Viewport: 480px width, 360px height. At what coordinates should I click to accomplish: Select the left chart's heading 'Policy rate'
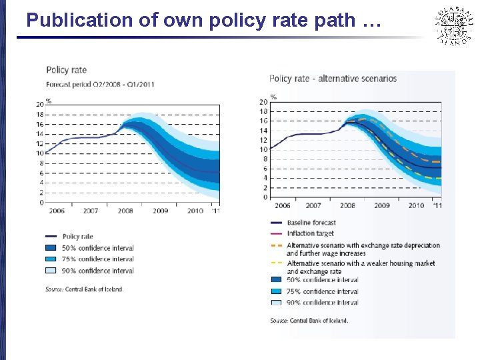tap(66, 69)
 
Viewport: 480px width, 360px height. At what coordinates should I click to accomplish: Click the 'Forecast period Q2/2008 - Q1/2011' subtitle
tap(100, 84)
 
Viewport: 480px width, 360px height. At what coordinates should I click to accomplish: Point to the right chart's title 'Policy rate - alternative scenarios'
tap(333, 79)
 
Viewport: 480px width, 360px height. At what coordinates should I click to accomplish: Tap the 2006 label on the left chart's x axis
tap(56, 211)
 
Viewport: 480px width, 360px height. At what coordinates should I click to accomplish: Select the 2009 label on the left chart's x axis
tap(160, 211)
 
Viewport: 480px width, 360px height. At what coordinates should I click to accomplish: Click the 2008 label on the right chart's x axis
tap(347, 205)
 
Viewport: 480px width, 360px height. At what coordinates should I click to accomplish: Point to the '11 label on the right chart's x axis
tap(437, 205)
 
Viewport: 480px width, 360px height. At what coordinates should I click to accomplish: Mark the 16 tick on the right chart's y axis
tap(264, 121)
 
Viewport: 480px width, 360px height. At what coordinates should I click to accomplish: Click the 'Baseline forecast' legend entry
tap(311, 223)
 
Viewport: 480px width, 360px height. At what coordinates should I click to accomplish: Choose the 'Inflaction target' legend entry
tap(310, 233)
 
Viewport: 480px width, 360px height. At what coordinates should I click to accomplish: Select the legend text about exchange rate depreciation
tap(363, 249)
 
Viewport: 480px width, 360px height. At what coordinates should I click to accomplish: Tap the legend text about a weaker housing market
tap(360, 267)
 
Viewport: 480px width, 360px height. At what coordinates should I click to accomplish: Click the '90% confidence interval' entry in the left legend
tap(97, 271)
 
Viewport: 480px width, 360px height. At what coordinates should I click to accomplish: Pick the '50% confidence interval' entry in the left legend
tap(97, 248)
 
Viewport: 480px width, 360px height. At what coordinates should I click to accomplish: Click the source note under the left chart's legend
tap(84, 289)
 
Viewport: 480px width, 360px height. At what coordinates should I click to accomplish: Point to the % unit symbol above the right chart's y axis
tap(273, 96)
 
